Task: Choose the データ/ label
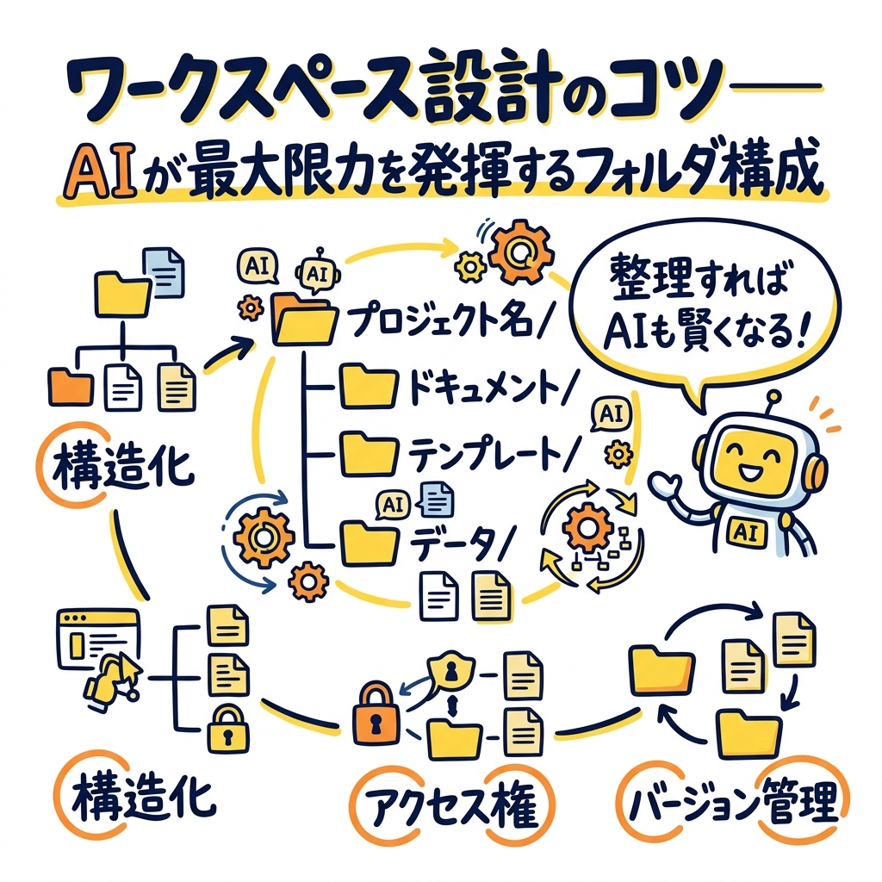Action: pyautogui.click(x=461, y=538)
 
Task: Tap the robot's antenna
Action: pyautogui.click(x=771, y=398)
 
